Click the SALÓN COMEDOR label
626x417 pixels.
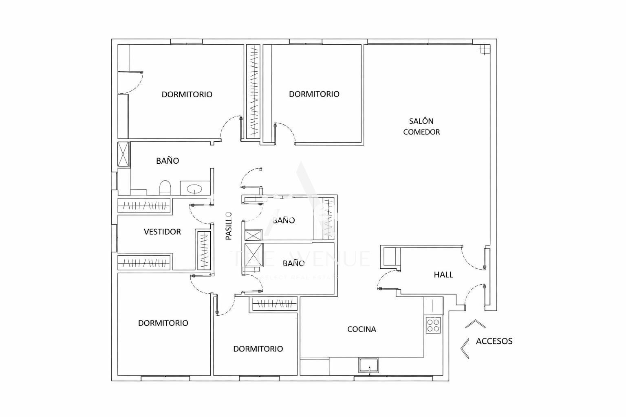point(421,126)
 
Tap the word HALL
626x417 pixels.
point(443,275)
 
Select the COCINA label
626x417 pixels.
point(361,329)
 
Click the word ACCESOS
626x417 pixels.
point(494,341)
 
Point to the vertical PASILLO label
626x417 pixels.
point(229,226)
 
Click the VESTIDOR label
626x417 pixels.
point(162,232)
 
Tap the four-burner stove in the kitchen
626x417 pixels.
point(433,325)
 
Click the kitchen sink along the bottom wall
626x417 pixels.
point(368,365)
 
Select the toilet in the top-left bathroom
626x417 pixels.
point(165,188)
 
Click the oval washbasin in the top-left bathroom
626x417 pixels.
point(194,189)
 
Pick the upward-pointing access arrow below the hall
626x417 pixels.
point(475,324)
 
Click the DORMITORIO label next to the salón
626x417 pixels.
point(314,94)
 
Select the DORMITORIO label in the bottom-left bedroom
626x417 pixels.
point(163,323)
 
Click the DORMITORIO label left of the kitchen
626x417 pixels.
point(258,349)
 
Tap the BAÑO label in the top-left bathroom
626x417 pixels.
point(168,161)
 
